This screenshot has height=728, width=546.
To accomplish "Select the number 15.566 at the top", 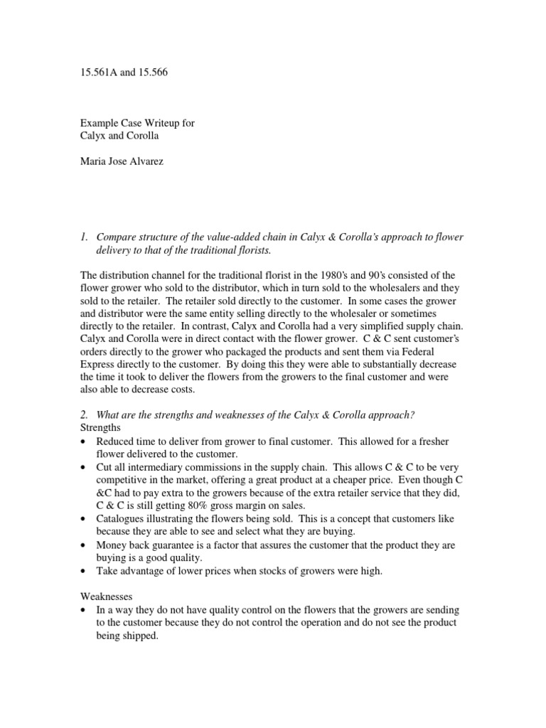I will [153, 73].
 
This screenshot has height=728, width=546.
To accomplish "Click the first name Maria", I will [93, 161].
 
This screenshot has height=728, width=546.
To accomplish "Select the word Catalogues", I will [120, 519].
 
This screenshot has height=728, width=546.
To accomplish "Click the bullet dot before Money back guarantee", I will [85, 545].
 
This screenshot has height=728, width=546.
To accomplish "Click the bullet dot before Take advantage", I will [85, 571].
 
